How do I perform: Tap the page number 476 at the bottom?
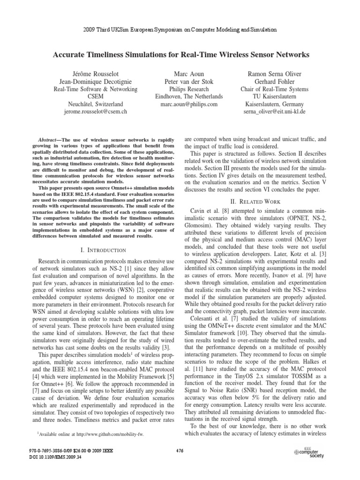[180, 450]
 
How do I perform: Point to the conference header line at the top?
[180, 29]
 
